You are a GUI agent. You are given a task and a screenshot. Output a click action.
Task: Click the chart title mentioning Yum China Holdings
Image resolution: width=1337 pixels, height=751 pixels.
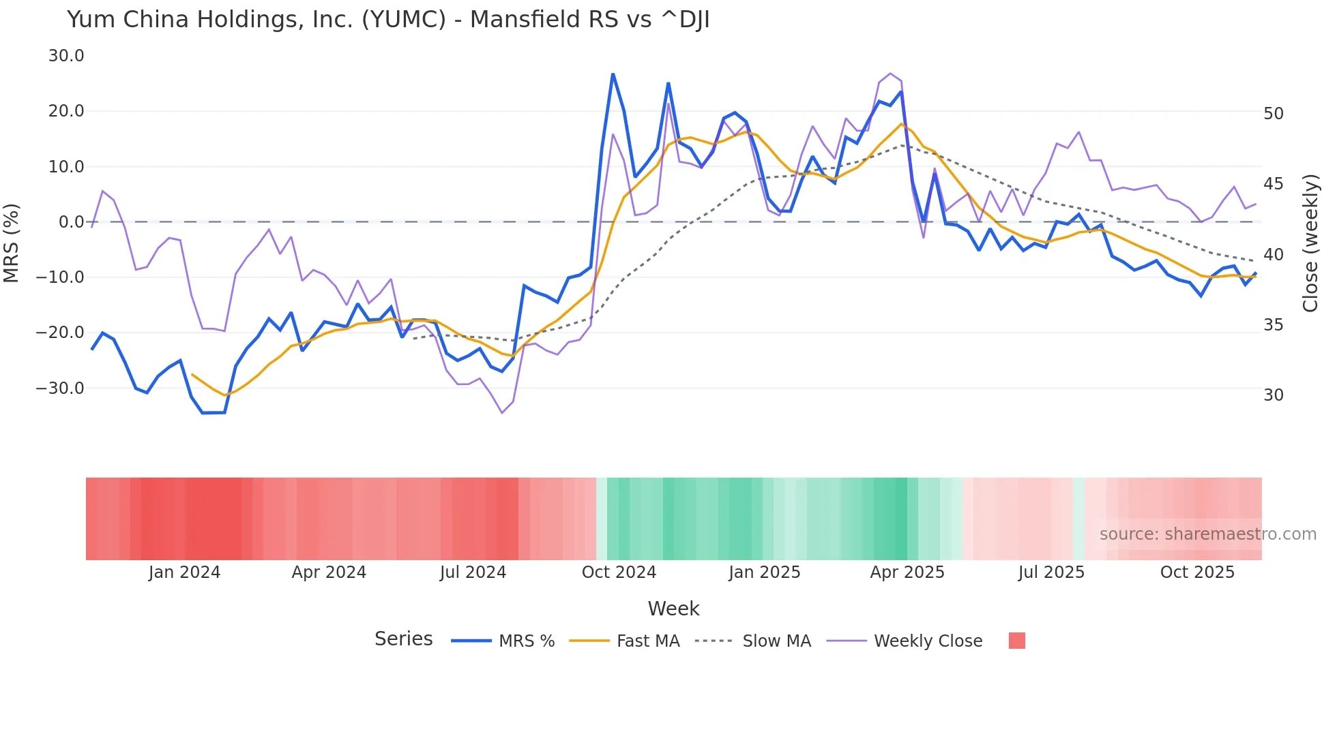[x=388, y=20]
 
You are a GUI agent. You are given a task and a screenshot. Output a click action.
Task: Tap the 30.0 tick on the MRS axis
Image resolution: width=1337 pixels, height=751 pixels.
[x=66, y=56]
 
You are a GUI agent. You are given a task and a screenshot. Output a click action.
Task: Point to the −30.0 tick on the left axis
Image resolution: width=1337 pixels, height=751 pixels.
[x=60, y=388]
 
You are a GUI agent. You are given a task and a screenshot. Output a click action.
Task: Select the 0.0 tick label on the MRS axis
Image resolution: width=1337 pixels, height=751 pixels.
[x=72, y=222]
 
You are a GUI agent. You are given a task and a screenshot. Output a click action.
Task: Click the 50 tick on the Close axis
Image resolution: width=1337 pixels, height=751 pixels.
[x=1274, y=114]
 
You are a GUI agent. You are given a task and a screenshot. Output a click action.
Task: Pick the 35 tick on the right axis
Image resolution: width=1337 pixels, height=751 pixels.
[x=1274, y=325]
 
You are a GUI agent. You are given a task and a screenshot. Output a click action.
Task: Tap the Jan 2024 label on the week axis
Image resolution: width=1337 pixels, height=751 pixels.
[x=184, y=572]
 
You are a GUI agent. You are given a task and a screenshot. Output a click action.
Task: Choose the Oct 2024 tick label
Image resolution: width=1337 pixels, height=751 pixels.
[x=619, y=572]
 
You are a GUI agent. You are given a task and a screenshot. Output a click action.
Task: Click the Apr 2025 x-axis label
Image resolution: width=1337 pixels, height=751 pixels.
[x=907, y=572]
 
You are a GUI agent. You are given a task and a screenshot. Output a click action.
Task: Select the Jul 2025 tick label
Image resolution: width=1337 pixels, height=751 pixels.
[x=1051, y=572]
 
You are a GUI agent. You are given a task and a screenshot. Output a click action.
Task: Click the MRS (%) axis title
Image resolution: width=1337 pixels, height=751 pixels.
[x=12, y=243]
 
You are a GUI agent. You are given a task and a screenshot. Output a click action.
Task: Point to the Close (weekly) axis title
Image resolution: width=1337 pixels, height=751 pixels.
[x=1310, y=243]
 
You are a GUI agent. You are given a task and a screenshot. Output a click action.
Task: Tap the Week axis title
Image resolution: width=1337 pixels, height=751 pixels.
[x=673, y=609]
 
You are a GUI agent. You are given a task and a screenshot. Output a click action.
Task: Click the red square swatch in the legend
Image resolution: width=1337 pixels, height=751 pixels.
[x=1016, y=641]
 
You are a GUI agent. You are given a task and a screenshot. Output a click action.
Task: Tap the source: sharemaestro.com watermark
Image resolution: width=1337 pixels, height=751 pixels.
[x=1207, y=534]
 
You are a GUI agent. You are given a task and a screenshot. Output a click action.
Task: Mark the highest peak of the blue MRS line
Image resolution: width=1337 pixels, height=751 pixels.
[x=613, y=74]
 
